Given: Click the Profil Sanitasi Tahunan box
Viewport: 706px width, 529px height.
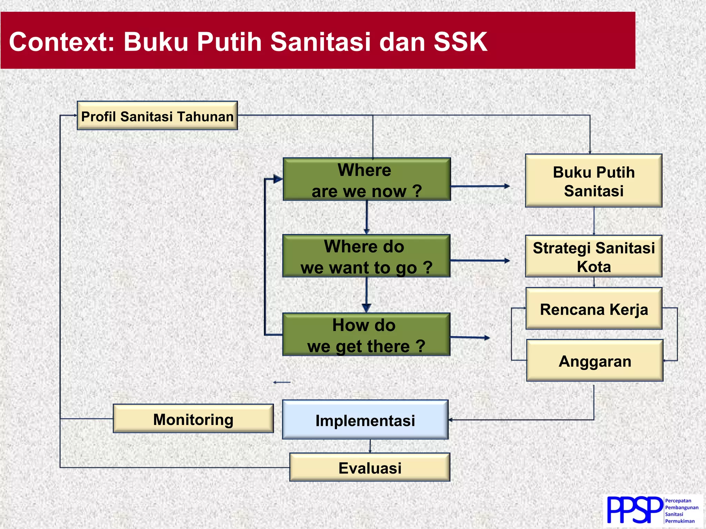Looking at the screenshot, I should (x=157, y=116).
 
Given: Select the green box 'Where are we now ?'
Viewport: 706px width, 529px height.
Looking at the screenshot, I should (x=366, y=179).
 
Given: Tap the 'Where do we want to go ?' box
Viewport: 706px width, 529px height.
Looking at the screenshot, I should (x=366, y=256).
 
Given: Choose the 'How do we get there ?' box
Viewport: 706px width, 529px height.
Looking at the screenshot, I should (x=366, y=334).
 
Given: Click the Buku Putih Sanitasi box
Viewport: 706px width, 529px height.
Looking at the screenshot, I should (x=593, y=181).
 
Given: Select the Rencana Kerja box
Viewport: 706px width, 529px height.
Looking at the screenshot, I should (x=594, y=309).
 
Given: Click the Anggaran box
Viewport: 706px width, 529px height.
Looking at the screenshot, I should (x=594, y=361).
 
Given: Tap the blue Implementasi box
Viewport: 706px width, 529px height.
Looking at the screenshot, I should (x=365, y=420).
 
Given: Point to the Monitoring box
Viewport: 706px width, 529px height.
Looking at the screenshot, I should (x=193, y=419).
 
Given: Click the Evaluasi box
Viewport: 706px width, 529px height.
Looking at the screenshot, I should (x=370, y=467).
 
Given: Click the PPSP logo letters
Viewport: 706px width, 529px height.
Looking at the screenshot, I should (x=634, y=510).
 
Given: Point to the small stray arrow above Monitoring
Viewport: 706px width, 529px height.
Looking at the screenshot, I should (x=282, y=382).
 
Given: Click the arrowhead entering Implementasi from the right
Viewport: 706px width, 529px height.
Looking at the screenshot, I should (x=451, y=420).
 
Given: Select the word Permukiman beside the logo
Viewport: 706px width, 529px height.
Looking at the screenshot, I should (x=679, y=521).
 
